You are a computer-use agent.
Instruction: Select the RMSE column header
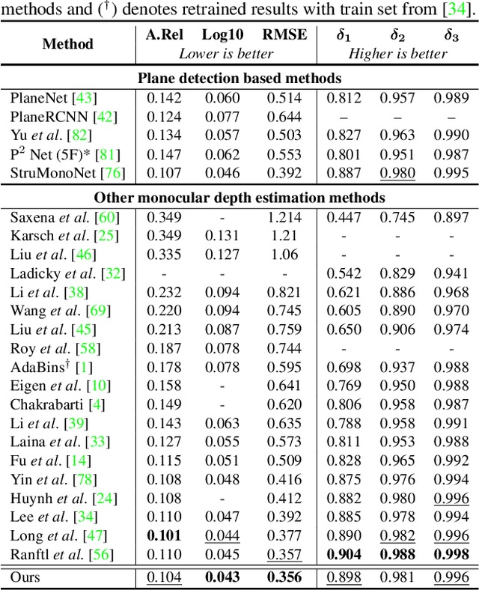click(284, 34)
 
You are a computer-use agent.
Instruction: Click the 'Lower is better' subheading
click(227, 53)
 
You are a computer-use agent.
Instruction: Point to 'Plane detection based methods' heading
click(239, 78)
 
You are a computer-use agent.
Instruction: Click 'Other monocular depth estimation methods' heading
click(239, 198)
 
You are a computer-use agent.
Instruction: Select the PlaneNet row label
click(53, 98)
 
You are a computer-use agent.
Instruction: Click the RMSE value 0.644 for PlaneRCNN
click(284, 117)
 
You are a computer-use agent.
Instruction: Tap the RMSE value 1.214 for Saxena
click(284, 217)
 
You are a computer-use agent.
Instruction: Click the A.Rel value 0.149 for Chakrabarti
click(163, 404)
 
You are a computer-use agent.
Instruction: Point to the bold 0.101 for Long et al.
click(163, 535)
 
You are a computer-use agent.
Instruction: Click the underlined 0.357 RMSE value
click(284, 554)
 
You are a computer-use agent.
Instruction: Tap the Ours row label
click(25, 577)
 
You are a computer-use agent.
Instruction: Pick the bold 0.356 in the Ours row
click(284, 577)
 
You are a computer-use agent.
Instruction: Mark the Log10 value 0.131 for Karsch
click(223, 236)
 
